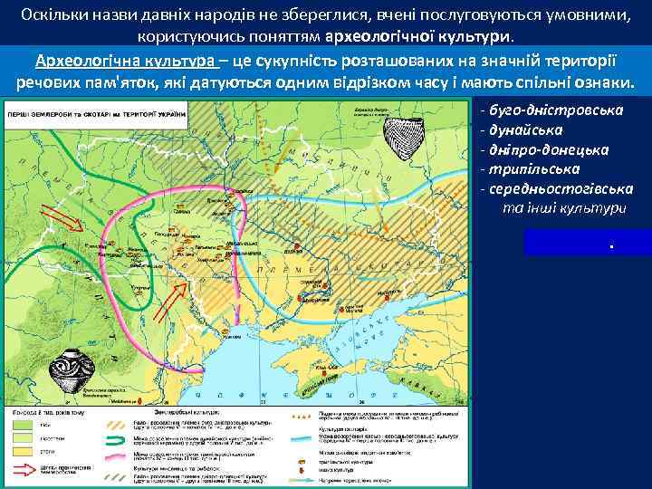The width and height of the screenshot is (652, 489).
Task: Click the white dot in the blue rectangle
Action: (613, 245)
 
